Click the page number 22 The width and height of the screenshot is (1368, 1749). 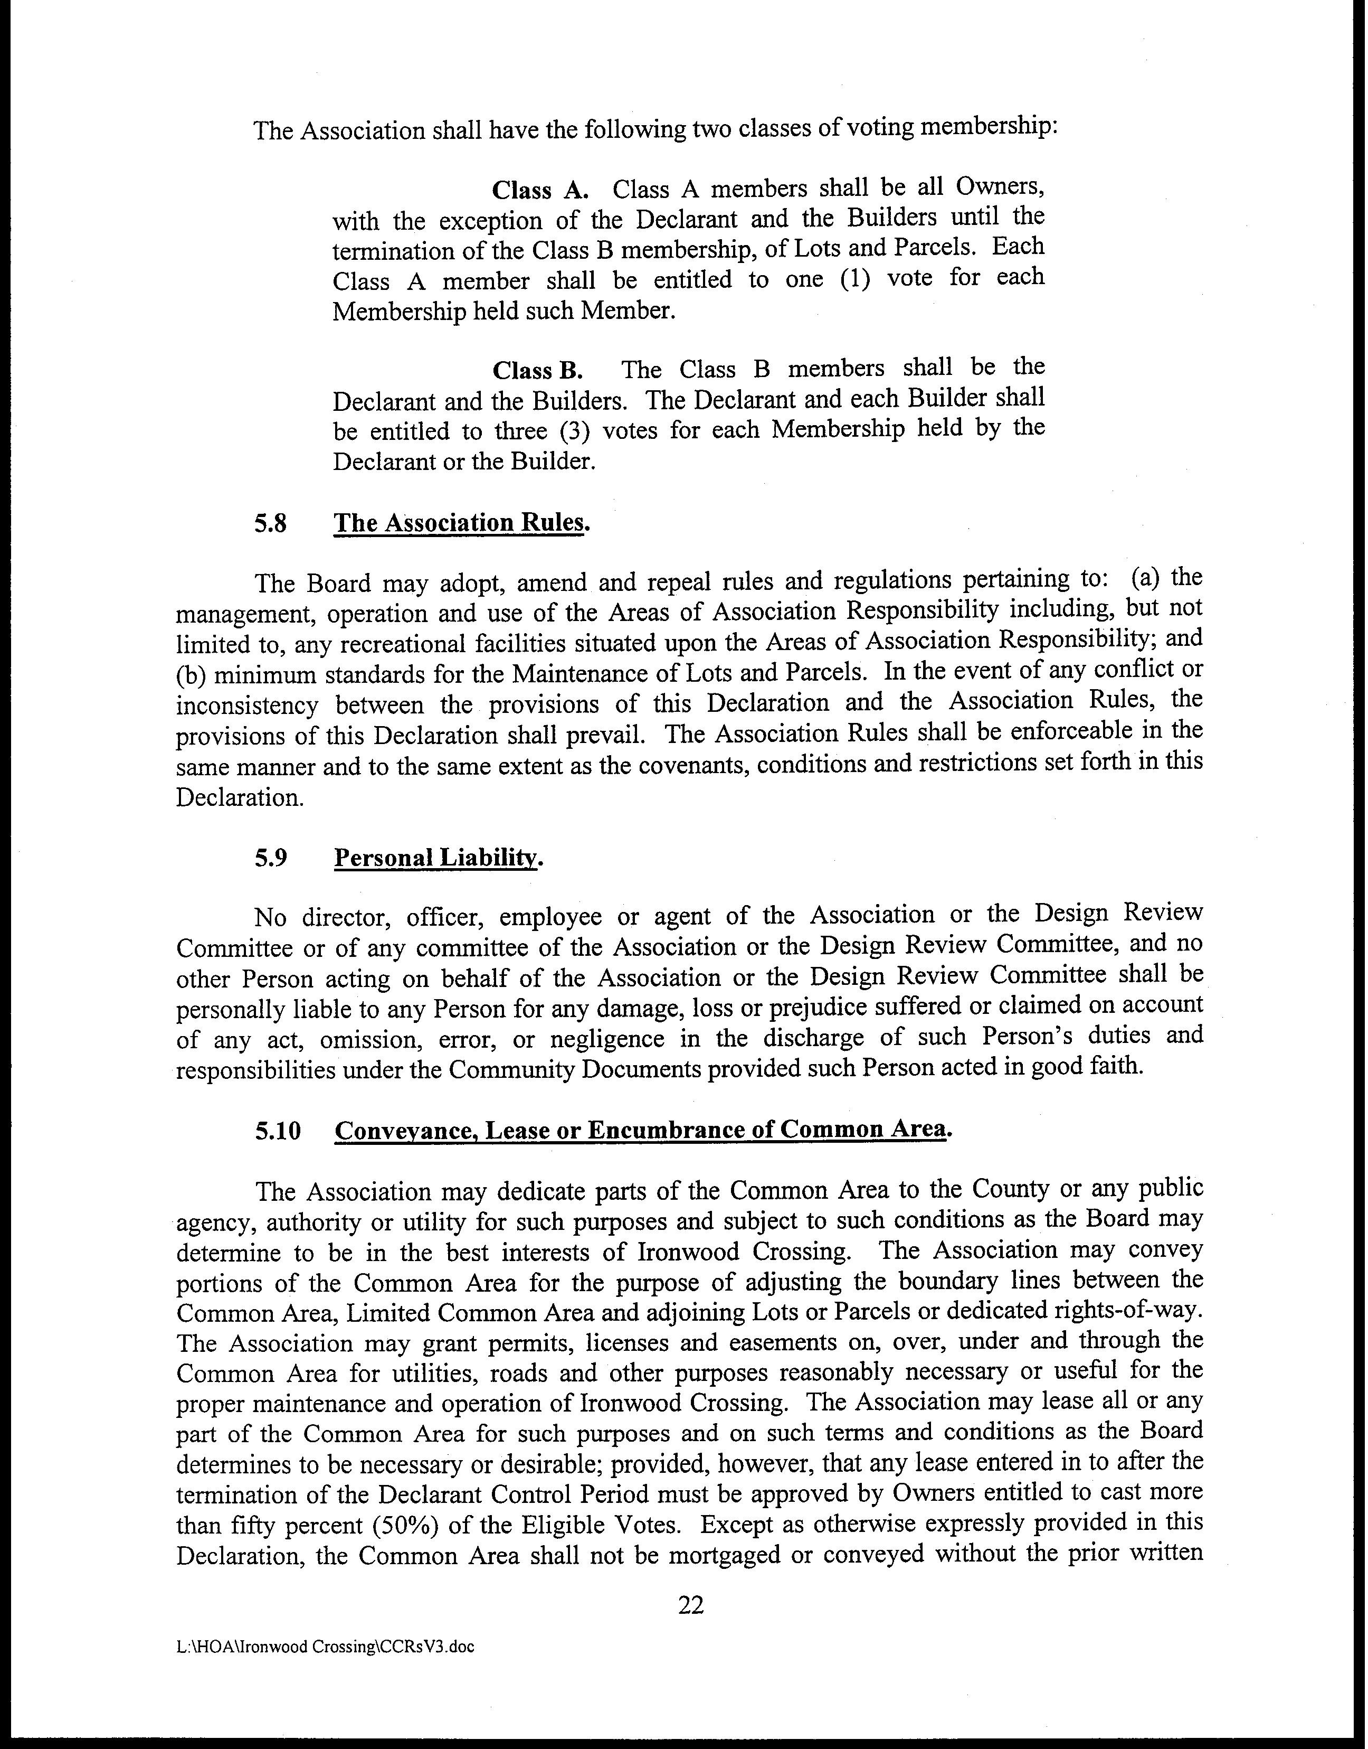690,1605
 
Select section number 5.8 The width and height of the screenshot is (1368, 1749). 271,524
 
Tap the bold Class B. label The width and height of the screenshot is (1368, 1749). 537,371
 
